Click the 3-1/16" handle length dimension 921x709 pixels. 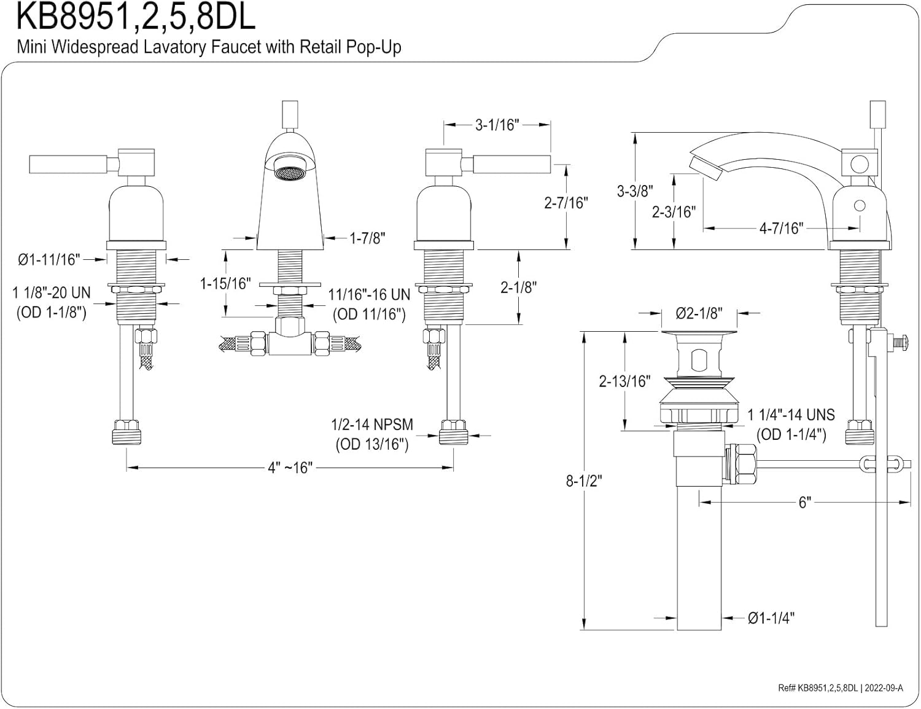click(x=497, y=125)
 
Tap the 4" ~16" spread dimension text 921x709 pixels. click(x=290, y=468)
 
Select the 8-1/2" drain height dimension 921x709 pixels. click(x=584, y=481)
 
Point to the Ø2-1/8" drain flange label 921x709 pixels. click(x=699, y=313)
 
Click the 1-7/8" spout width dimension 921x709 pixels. click(x=367, y=238)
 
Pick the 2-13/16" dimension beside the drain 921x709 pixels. click(x=624, y=381)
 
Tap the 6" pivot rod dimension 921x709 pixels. click(x=805, y=503)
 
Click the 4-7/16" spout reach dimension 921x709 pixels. click(x=781, y=229)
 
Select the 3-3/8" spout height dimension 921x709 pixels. click(x=634, y=191)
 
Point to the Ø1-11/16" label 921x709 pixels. click(x=49, y=259)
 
